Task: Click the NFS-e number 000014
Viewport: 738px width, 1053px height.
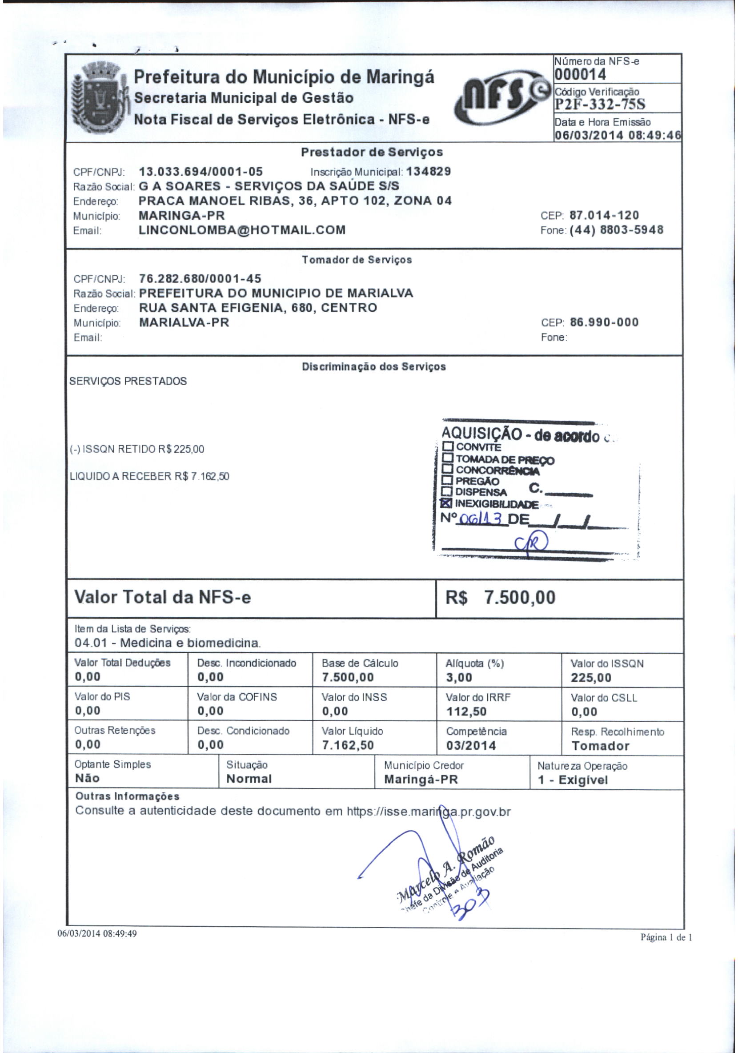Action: (x=580, y=74)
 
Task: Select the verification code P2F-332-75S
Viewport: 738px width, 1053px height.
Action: (x=600, y=104)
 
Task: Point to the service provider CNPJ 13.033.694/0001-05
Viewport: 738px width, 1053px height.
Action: (x=201, y=172)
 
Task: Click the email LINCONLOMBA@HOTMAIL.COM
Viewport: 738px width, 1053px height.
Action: (x=242, y=230)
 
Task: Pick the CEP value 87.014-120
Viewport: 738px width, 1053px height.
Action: (x=604, y=216)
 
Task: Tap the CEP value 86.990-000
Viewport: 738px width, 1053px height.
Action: (x=604, y=322)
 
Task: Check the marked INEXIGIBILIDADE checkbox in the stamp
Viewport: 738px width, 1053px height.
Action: (x=447, y=504)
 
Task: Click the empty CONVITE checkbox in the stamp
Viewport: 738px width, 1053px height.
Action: (x=448, y=446)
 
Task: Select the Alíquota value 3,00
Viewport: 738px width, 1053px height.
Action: (x=459, y=678)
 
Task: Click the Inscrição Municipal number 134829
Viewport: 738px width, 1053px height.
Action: (x=429, y=172)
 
